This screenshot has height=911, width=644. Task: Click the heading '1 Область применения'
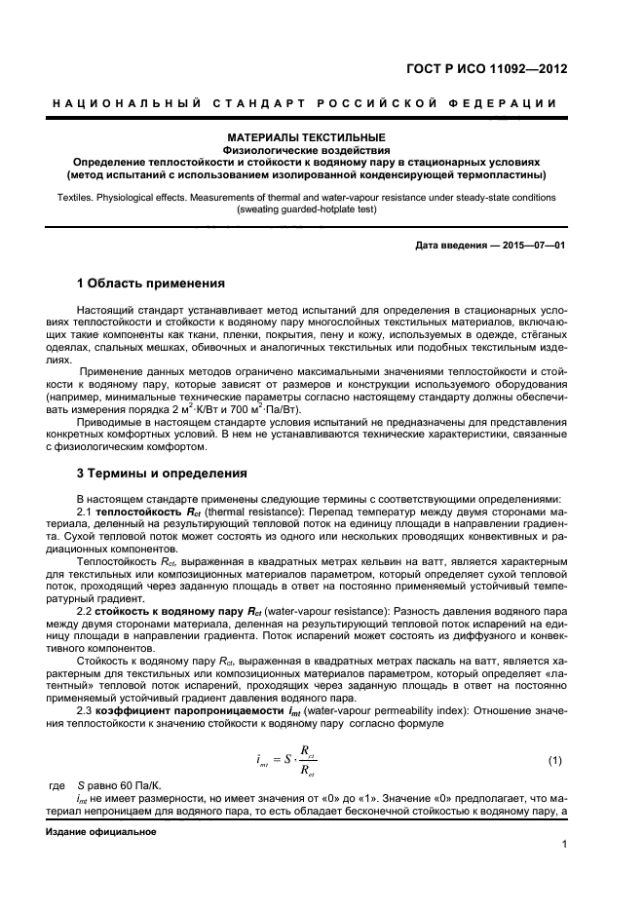click(x=151, y=284)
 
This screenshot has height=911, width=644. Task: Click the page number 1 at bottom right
click(x=563, y=858)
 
